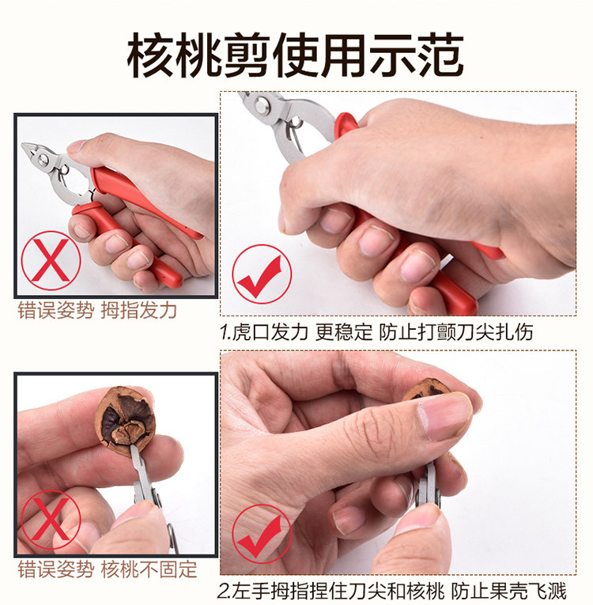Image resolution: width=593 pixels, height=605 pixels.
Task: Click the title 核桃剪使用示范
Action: [x=296, y=55]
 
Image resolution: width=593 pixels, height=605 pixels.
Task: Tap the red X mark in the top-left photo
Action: [x=51, y=260]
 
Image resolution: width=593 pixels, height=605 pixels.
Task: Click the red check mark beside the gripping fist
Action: [x=262, y=274]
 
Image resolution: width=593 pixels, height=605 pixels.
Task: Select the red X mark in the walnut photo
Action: [x=51, y=520]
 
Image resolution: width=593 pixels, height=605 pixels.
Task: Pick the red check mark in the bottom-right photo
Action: [x=262, y=534]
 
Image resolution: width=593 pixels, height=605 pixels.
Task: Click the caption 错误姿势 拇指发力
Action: [x=97, y=310]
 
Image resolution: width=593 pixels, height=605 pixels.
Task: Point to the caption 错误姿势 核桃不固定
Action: [x=108, y=569]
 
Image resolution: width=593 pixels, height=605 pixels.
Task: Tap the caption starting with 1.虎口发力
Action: [x=376, y=332]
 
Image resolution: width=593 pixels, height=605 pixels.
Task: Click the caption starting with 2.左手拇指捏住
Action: [x=391, y=591]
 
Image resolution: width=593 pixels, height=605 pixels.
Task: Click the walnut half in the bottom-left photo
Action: [x=125, y=421]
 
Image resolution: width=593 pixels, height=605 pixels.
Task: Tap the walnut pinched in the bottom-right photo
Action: [x=429, y=391]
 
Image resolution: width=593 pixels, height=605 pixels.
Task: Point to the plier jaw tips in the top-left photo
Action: [x=28, y=148]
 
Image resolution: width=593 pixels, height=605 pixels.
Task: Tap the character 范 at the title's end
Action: [x=441, y=55]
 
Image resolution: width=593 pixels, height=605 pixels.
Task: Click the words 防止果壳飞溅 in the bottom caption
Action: [x=508, y=591]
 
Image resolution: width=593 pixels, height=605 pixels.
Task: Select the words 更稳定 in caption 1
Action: [x=344, y=332]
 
